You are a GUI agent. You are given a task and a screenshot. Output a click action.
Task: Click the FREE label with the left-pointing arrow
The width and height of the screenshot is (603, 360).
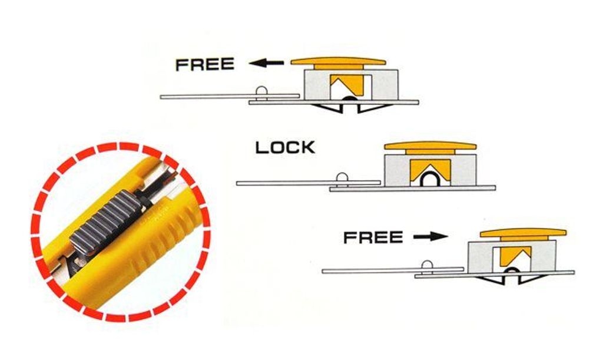[x=204, y=64]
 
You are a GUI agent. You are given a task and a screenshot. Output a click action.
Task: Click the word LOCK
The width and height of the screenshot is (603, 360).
[x=286, y=148]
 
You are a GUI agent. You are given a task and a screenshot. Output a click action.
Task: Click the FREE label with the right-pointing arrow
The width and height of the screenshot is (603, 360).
[x=373, y=237]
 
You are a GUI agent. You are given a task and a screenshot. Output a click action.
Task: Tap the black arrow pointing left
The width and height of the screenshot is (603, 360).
[x=267, y=62]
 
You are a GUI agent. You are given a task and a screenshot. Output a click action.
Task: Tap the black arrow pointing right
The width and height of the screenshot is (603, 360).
[x=430, y=236]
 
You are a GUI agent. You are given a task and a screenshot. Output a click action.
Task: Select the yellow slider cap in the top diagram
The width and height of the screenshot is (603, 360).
[x=338, y=62]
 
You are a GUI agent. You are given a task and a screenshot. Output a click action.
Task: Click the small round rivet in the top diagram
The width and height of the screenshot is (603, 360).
[x=261, y=90]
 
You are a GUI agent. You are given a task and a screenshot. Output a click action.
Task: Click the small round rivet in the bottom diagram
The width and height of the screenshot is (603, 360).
[x=427, y=265]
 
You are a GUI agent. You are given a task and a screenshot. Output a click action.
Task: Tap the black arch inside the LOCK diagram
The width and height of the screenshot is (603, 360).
[x=430, y=180]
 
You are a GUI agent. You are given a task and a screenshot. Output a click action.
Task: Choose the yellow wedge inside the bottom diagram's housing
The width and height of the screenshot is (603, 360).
[x=515, y=255]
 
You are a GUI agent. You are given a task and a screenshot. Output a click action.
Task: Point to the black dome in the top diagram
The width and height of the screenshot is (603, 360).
[x=349, y=99]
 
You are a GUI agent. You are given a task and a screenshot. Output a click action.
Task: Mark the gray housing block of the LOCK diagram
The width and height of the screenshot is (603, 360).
[x=430, y=170]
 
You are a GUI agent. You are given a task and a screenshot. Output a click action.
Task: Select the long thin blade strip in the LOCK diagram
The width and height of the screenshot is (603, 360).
[x=309, y=183]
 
